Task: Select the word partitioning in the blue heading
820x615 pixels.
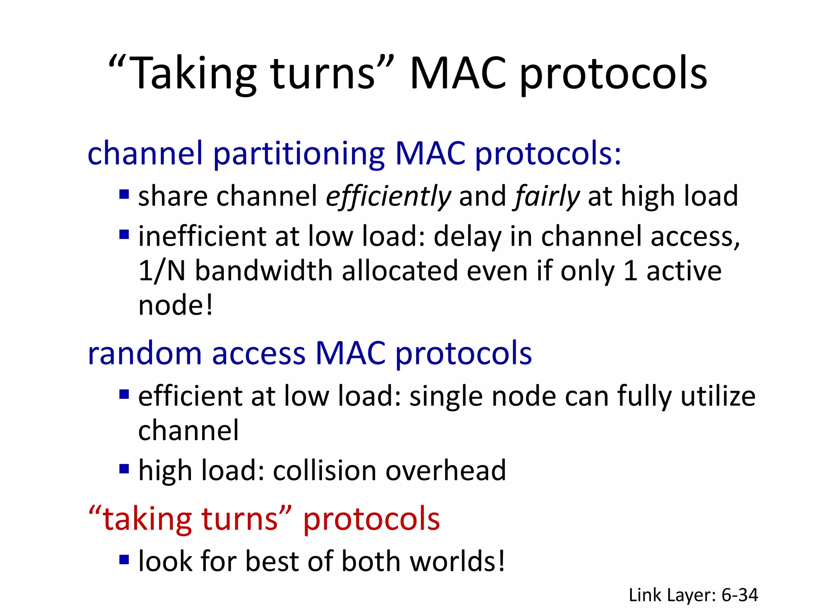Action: (x=298, y=154)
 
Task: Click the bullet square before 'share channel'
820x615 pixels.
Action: (x=124, y=195)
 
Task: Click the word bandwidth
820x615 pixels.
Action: (x=263, y=271)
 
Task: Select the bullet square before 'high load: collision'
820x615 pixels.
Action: (x=124, y=468)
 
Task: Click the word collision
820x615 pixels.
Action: (x=324, y=470)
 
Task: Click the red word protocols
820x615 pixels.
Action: (x=371, y=519)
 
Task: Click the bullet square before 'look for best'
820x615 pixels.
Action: (x=124, y=559)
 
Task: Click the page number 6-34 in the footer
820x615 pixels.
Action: (x=740, y=595)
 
